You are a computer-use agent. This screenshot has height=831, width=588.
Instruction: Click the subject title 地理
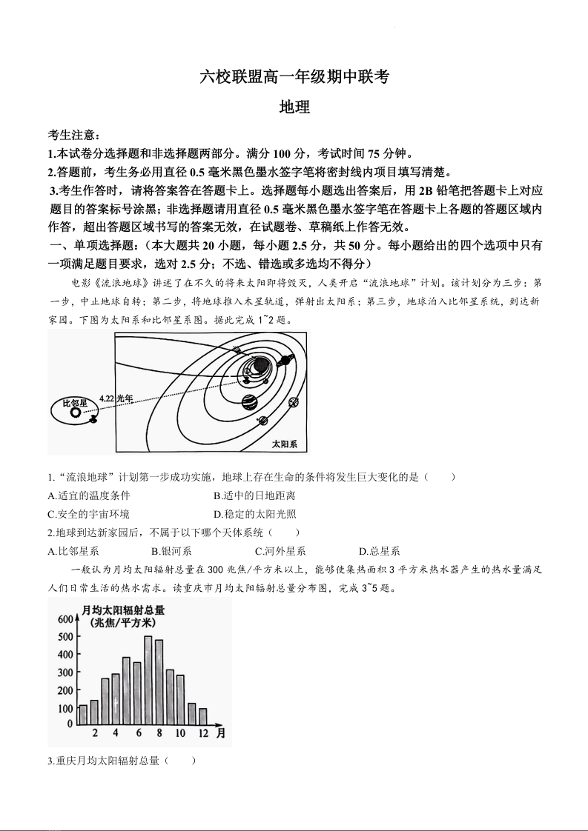tap(294, 107)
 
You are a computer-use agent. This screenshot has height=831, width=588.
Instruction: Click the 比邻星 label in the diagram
tap(75, 402)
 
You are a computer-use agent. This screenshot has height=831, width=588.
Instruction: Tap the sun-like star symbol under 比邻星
tap(76, 413)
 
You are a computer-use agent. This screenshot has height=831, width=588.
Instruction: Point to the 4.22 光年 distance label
tap(115, 398)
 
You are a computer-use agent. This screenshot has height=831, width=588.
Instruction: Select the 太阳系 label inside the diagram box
tap(284, 444)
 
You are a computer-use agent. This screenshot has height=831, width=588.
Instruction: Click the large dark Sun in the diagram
tap(260, 364)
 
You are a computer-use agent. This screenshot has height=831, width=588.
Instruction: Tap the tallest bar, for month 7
tap(148, 679)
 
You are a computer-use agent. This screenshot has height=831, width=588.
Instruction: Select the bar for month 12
tap(202, 715)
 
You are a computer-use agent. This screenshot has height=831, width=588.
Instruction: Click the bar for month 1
tap(83, 714)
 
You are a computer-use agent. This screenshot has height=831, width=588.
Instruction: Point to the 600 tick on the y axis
tap(65, 619)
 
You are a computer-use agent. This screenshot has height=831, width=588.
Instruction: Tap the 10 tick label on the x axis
tap(179, 733)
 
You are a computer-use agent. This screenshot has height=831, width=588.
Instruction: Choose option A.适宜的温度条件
tap(88, 495)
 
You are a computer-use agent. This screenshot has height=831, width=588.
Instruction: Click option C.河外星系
tap(280, 551)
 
